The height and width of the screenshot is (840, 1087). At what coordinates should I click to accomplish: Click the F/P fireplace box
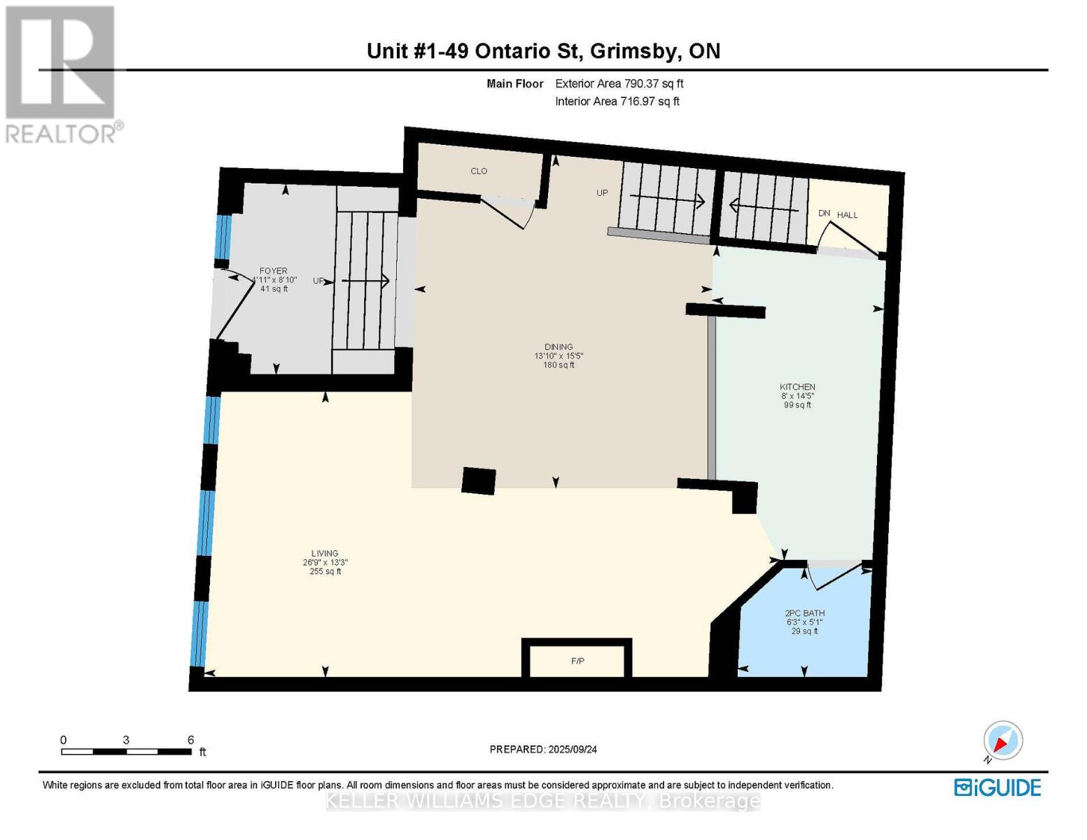click(x=577, y=661)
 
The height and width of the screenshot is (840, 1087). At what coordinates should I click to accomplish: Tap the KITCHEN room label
click(x=797, y=387)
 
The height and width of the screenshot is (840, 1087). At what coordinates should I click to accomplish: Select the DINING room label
click(x=559, y=347)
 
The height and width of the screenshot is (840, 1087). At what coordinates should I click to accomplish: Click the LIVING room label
click(x=325, y=554)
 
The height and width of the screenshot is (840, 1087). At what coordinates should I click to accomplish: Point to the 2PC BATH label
click(x=804, y=613)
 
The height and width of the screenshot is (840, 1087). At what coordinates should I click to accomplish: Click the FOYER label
click(x=273, y=271)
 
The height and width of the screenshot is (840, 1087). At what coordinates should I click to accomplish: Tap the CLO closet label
click(x=479, y=171)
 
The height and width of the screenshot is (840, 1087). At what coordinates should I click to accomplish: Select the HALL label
click(x=847, y=215)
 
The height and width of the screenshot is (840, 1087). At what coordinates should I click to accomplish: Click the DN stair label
click(x=824, y=213)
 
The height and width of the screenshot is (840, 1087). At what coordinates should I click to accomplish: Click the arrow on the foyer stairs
click(x=365, y=281)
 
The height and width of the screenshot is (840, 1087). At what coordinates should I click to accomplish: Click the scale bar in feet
click(x=126, y=752)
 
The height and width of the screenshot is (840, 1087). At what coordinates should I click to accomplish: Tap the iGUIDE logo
click(x=997, y=787)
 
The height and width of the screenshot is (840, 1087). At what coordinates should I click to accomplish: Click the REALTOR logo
click(x=62, y=73)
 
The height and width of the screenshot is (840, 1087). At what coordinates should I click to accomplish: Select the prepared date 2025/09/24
click(x=543, y=750)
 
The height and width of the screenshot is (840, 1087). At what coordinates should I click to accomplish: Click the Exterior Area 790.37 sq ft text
click(x=619, y=83)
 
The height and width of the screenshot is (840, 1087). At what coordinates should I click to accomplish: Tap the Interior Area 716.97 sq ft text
click(x=617, y=101)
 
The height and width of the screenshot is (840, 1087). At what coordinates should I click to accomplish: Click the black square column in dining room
click(x=479, y=481)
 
